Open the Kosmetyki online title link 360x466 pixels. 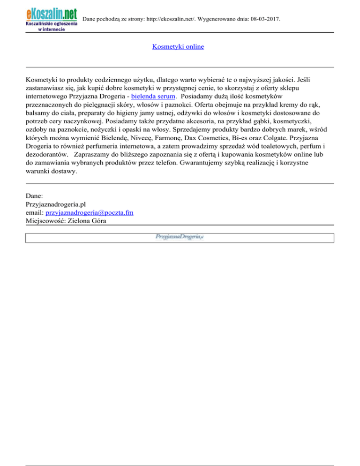coord(178,47)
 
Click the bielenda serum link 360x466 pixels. coord(150,95)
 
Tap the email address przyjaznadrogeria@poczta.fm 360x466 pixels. coord(90,212)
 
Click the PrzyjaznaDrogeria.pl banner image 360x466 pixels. coord(179,238)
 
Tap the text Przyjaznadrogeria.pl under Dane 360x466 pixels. coord(56,204)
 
